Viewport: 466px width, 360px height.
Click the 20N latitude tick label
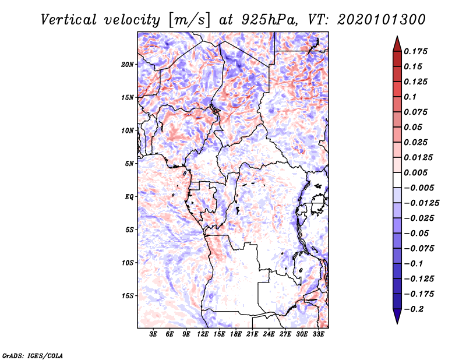coord(128,65)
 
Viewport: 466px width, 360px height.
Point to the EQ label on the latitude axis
coord(129,197)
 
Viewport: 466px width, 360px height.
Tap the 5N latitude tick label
coord(129,164)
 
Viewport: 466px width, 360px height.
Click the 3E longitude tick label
coord(153,334)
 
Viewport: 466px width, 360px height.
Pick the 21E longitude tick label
coord(252,334)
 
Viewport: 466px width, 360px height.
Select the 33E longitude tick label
coord(318,334)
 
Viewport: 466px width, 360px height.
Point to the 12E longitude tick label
coord(203,334)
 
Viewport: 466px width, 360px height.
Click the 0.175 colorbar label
coord(415,51)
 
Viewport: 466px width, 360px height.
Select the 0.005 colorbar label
coord(415,172)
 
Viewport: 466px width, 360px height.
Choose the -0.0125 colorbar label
coord(421,203)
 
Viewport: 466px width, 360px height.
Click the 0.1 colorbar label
coord(410,97)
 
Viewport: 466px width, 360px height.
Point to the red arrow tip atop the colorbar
coord(397,36)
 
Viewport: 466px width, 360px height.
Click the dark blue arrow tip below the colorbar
coord(397,323)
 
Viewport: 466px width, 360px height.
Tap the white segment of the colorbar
coord(397,180)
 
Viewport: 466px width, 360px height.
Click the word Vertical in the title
coord(69,20)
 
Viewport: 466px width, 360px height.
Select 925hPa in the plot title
coord(269,20)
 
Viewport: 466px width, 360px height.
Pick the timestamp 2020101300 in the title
coord(382,20)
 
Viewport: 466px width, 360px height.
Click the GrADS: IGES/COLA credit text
coord(33,355)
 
